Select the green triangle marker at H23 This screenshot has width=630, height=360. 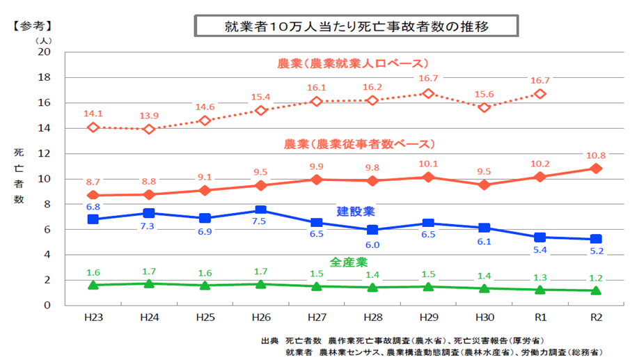coord(93,285)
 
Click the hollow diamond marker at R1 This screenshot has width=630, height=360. coord(540,93)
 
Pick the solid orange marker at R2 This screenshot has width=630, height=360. coord(597,169)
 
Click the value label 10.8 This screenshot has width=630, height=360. coord(596,154)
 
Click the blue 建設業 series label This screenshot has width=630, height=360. coord(356,210)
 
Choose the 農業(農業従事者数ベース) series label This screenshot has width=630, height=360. coord(359,144)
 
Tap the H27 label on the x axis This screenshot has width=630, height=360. coord(317,317)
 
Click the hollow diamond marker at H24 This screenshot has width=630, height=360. coord(149,129)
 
